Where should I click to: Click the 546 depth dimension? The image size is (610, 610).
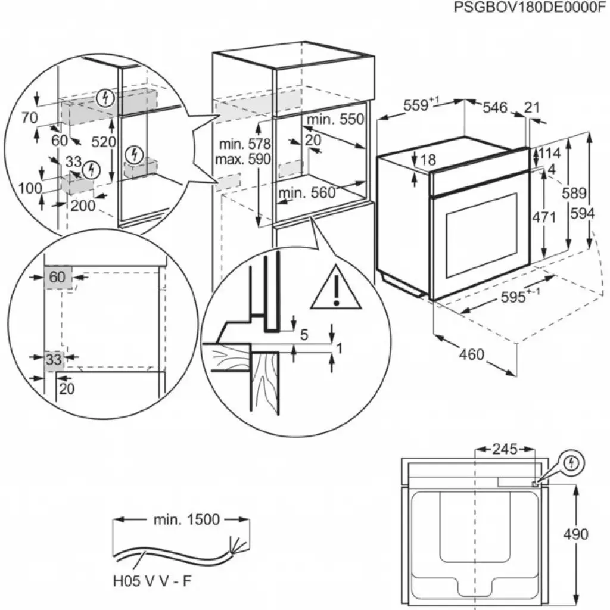click(495, 107)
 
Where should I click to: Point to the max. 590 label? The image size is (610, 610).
click(244, 159)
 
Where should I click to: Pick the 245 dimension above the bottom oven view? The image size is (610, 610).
click(505, 449)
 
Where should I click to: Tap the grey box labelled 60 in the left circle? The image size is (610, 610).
click(57, 277)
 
